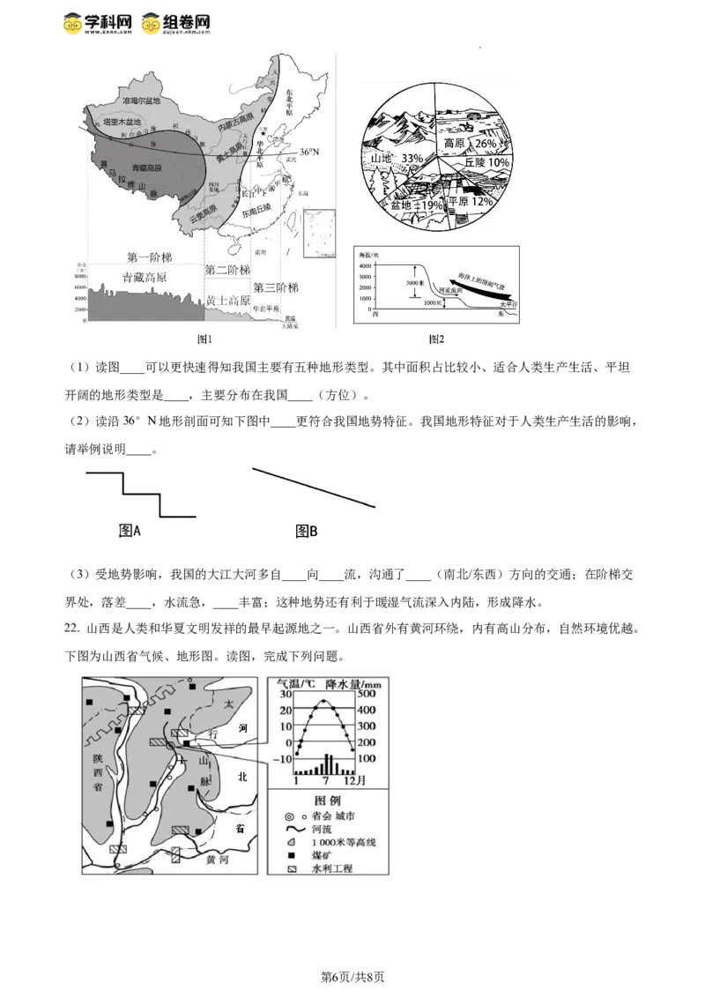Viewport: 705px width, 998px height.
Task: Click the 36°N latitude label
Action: tap(308, 153)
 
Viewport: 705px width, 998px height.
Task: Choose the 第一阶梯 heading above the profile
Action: tap(149, 257)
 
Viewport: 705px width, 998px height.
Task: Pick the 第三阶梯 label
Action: tap(277, 288)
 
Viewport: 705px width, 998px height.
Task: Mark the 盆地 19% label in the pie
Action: tap(416, 205)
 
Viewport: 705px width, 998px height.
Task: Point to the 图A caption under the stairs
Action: tap(130, 531)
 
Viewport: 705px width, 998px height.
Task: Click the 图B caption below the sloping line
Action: tap(307, 531)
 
